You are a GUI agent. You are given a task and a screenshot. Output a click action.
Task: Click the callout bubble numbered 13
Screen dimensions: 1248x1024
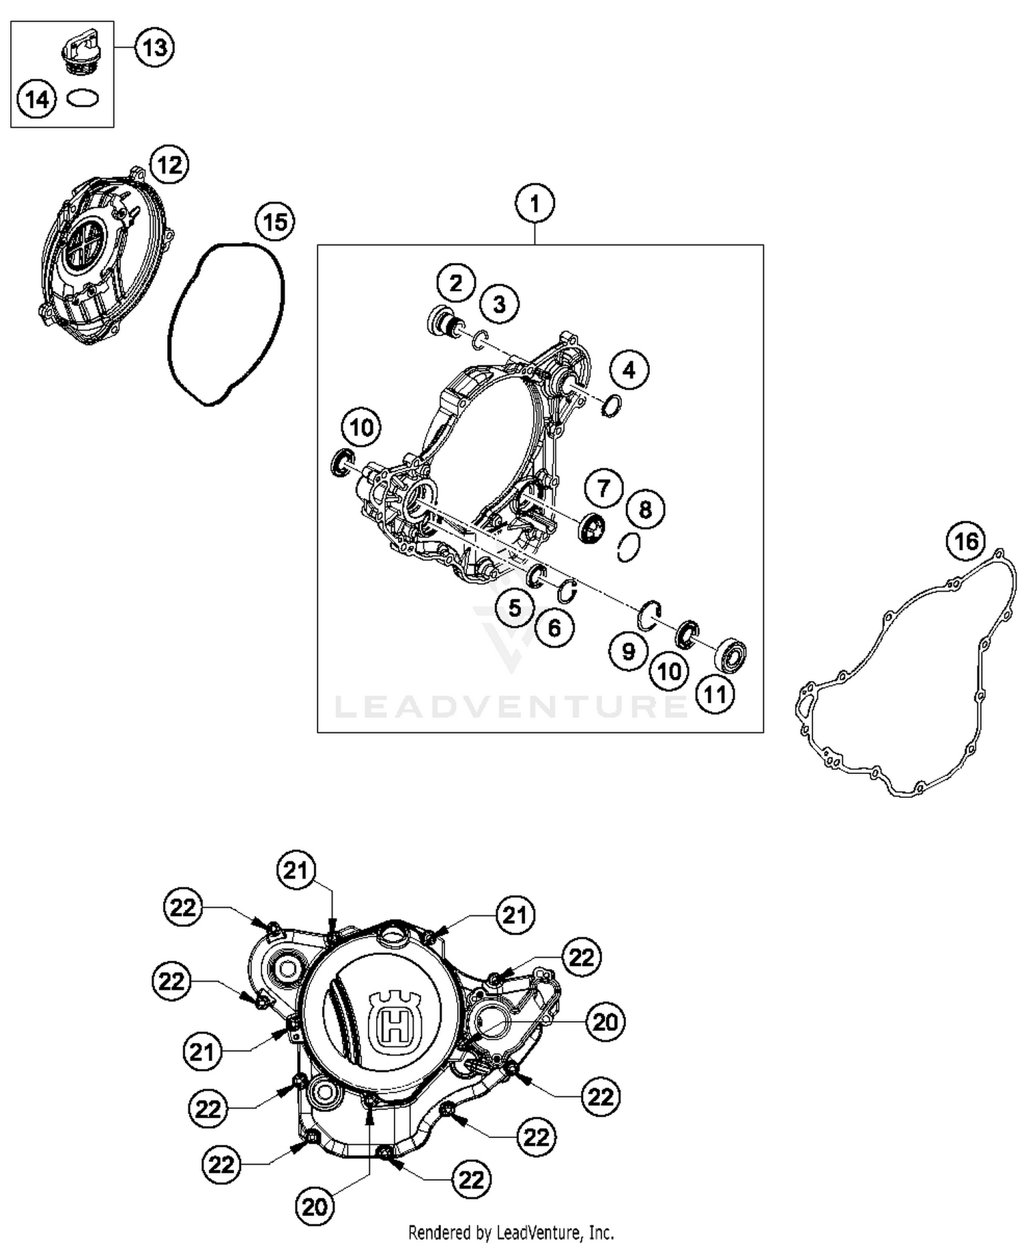(x=154, y=48)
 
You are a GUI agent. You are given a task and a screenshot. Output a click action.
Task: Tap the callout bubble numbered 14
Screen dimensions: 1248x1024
(x=37, y=99)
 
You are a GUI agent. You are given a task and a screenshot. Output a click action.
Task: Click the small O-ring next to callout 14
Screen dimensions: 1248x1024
(x=83, y=98)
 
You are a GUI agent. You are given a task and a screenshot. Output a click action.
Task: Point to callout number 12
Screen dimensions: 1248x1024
(x=169, y=165)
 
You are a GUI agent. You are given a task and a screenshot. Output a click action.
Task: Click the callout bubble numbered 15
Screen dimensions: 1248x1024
(x=274, y=222)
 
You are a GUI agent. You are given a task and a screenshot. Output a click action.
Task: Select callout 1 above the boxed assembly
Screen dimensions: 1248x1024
(x=535, y=204)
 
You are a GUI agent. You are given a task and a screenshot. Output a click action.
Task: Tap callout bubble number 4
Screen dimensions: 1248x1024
(x=629, y=370)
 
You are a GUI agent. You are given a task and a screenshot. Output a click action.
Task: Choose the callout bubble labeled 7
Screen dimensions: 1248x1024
(x=603, y=488)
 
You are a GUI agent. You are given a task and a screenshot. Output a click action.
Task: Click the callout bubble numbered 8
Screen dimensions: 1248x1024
(x=644, y=509)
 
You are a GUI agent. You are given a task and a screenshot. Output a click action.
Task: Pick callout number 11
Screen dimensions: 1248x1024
(x=715, y=695)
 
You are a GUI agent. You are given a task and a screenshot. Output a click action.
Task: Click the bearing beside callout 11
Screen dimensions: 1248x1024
(x=730, y=655)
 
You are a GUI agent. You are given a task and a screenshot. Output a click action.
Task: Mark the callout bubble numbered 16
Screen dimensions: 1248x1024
(x=966, y=542)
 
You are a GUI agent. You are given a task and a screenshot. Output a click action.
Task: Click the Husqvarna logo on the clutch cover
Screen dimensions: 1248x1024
(x=393, y=1018)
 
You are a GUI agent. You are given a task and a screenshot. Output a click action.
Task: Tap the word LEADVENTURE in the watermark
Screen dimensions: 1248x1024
(x=511, y=706)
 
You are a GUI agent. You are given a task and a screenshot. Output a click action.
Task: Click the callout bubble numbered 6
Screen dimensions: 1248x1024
(x=554, y=628)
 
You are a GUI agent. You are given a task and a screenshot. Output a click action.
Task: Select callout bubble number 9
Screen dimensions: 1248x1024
(x=628, y=651)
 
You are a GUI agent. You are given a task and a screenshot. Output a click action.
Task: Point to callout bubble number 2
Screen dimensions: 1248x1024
(x=456, y=282)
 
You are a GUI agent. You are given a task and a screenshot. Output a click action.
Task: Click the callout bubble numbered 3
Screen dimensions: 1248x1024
(x=499, y=304)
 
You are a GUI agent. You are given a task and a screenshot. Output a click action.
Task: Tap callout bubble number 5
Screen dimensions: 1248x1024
(x=515, y=608)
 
